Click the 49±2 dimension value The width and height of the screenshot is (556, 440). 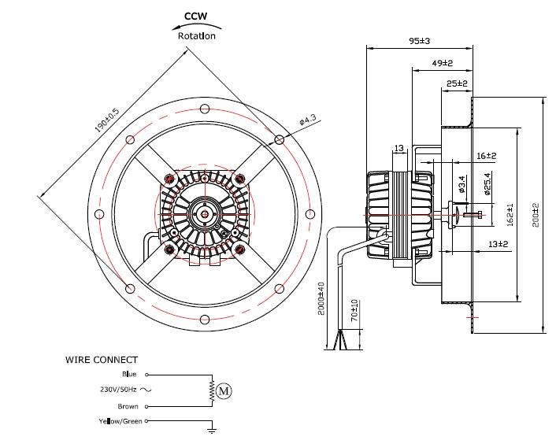click(442, 62)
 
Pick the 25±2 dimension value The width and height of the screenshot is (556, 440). click(458, 83)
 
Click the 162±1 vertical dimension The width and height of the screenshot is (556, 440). click(511, 215)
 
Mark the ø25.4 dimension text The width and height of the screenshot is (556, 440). click(487, 183)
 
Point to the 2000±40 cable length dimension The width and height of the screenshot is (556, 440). click(321, 298)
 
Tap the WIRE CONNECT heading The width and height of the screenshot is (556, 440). click(101, 360)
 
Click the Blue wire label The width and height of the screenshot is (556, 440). click(129, 375)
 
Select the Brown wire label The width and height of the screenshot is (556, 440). click(128, 407)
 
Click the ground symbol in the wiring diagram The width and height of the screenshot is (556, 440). click(212, 430)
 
